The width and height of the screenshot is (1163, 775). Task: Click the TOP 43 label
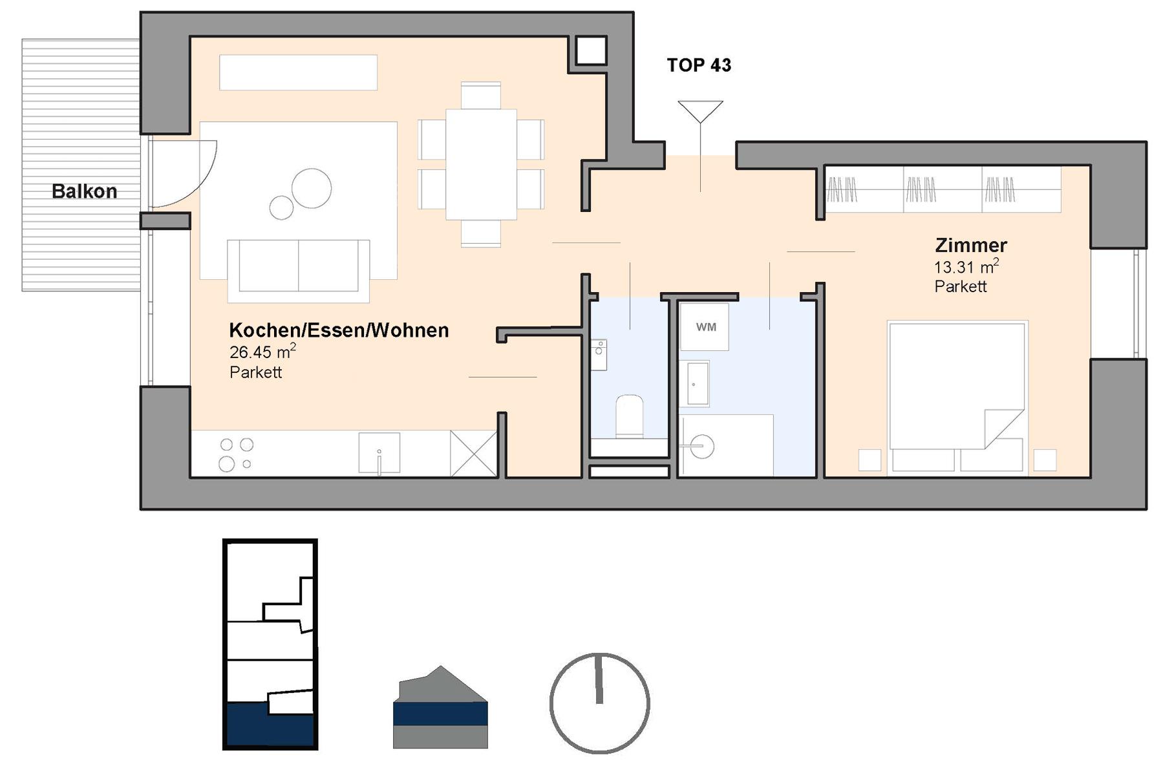(x=699, y=65)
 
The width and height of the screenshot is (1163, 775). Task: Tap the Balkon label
(x=84, y=191)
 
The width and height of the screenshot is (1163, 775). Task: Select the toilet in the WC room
(x=629, y=418)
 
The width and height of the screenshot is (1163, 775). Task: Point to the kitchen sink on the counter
(x=379, y=453)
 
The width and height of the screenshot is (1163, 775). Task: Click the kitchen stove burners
(x=236, y=454)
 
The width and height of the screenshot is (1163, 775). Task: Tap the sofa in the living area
(x=298, y=271)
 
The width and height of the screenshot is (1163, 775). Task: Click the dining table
(x=481, y=164)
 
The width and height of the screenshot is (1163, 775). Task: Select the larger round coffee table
(x=312, y=189)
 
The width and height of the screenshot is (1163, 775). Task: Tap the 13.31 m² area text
(x=966, y=266)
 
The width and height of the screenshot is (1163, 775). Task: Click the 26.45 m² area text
(x=262, y=352)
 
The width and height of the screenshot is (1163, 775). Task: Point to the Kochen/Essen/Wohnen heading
(x=339, y=330)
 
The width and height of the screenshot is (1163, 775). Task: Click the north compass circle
(x=600, y=703)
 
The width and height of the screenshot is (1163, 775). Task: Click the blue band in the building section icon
(x=440, y=714)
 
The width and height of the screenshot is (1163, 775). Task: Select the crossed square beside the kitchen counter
(x=473, y=453)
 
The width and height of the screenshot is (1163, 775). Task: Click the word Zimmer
(x=971, y=246)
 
